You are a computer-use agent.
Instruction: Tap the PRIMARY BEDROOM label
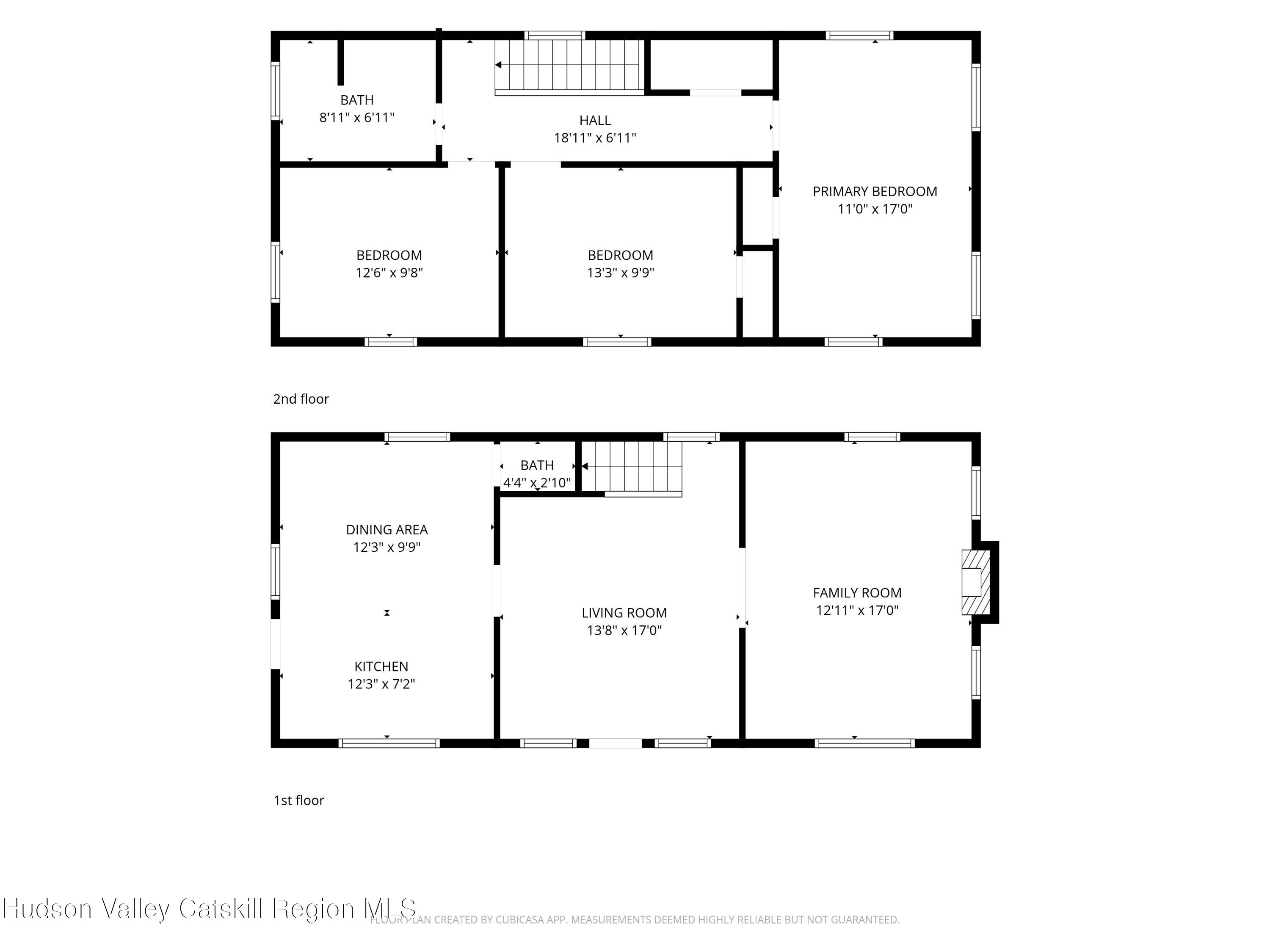[x=875, y=191]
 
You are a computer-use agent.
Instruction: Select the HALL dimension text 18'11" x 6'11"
[x=595, y=138]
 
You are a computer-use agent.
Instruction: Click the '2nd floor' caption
[x=301, y=399]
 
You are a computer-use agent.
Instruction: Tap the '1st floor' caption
[x=298, y=800]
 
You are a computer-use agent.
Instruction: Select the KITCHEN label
[x=381, y=666]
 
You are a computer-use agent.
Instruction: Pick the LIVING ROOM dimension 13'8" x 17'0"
[x=624, y=630]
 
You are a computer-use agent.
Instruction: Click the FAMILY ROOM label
[x=857, y=593]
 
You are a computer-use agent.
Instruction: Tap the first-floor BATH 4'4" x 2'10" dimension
[x=537, y=483]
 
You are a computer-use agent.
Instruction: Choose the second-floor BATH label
[x=356, y=100]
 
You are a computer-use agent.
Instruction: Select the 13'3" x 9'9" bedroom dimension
[x=620, y=272]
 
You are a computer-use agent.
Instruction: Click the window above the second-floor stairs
[x=555, y=35]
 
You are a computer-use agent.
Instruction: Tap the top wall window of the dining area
[x=417, y=437]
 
